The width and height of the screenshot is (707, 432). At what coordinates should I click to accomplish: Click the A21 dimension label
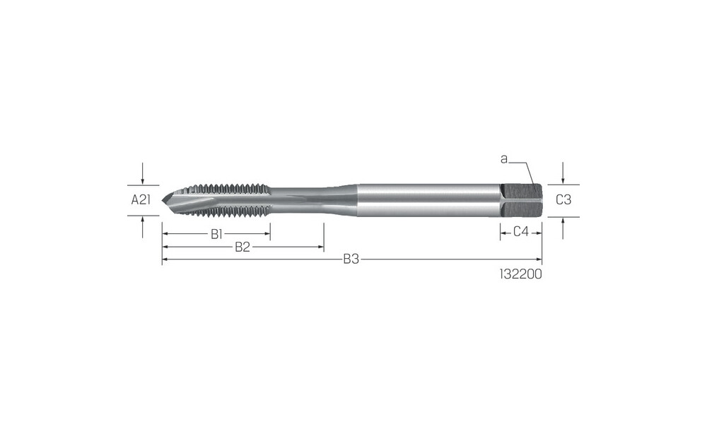141,199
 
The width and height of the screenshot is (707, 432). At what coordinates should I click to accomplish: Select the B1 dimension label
217,234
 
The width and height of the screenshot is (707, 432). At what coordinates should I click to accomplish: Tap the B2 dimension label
243,247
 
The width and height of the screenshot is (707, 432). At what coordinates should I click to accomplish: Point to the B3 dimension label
351,259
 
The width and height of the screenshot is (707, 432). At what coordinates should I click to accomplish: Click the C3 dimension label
563,199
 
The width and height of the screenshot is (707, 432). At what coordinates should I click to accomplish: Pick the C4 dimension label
521,232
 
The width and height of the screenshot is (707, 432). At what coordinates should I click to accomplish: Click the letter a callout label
504,159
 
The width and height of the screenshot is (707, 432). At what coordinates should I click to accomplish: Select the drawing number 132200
521,274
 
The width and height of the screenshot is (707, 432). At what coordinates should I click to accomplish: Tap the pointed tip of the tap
163,199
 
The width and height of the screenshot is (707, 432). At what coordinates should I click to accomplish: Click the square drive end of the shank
521,200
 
